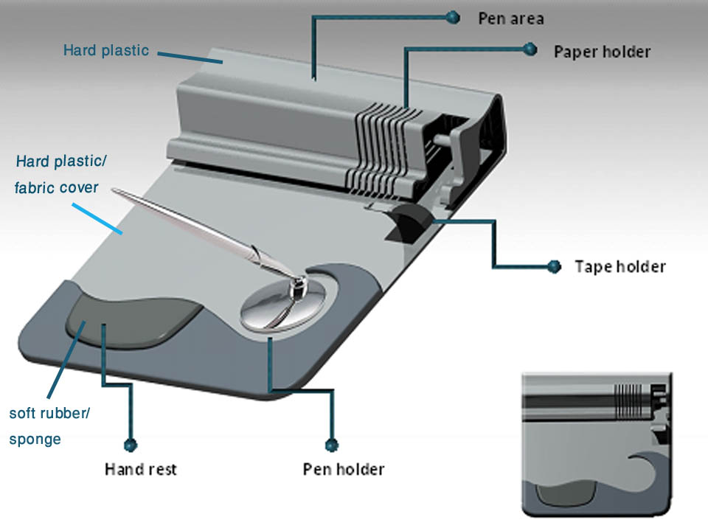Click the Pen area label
pos(510,18)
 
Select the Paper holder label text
pos(602,52)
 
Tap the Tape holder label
pos(619,266)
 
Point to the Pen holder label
pos(344,468)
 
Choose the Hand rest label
pos(141,468)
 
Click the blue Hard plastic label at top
pos(106,51)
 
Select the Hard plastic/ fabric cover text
pos(57,174)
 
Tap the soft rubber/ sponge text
pos(49,426)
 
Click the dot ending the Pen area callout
pos(452,17)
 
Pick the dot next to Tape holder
pos(554,266)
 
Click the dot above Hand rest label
pos(131,445)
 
